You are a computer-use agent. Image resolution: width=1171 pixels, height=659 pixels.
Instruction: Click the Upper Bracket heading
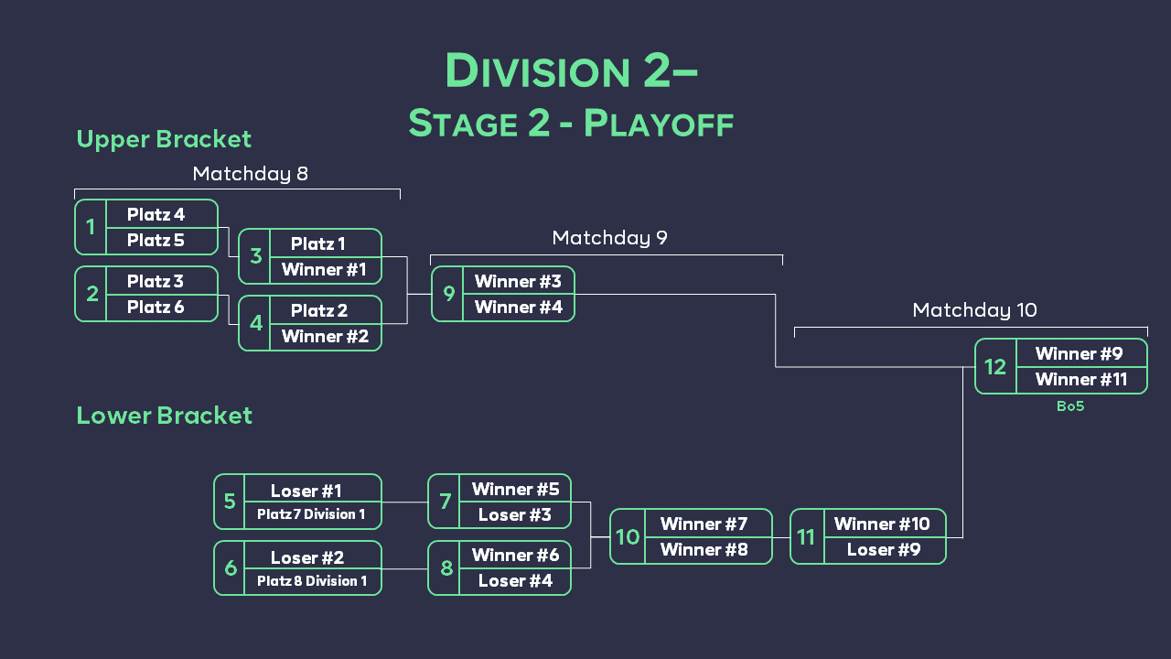click(x=164, y=139)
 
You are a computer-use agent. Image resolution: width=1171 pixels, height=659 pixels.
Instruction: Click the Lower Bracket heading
click(x=164, y=416)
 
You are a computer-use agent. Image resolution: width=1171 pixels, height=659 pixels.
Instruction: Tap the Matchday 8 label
click(x=250, y=174)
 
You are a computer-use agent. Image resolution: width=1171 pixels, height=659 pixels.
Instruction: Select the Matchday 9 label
click(x=609, y=238)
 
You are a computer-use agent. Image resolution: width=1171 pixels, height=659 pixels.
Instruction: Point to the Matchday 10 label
click(x=974, y=310)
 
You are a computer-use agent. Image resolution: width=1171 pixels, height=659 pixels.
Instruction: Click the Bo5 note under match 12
click(x=1070, y=406)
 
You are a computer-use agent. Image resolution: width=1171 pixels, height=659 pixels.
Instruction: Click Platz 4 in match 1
click(x=156, y=214)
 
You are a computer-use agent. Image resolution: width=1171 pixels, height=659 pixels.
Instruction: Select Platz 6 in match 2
click(x=156, y=307)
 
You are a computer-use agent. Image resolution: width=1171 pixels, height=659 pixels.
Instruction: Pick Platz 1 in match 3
click(x=317, y=243)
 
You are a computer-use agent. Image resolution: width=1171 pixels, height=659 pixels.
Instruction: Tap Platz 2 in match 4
click(x=317, y=310)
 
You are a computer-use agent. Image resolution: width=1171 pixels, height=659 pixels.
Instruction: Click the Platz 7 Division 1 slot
click(x=311, y=514)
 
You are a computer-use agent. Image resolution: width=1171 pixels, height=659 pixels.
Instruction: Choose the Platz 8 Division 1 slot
click(x=311, y=581)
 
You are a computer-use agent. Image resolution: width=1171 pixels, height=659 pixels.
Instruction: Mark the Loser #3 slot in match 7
click(x=514, y=515)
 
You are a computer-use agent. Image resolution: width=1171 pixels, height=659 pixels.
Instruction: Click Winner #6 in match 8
click(x=514, y=556)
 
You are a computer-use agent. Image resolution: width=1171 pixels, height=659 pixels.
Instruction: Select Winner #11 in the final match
click(x=1080, y=380)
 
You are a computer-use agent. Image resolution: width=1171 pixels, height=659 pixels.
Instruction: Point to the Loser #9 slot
click(x=883, y=550)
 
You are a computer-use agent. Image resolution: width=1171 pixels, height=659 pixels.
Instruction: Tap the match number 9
click(x=448, y=294)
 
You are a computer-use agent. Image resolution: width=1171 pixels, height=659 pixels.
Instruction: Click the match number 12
click(x=995, y=367)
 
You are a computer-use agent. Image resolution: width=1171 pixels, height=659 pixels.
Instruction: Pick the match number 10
click(x=628, y=537)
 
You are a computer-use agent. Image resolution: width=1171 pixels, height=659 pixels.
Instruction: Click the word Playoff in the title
click(x=659, y=124)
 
